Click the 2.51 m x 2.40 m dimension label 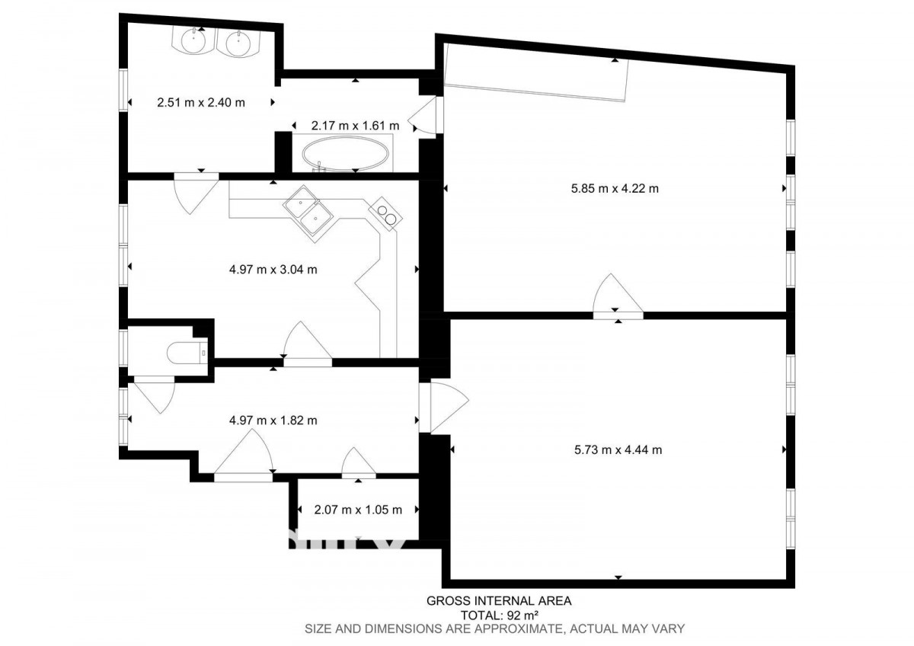point(201,102)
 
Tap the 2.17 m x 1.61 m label point(355,125)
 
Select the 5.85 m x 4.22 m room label point(615,188)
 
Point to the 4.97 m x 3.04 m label point(273,270)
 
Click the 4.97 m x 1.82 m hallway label point(273,420)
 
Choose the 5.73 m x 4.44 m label point(618,449)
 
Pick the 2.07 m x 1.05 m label point(358,510)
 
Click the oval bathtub point(345,154)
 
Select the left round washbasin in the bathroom point(193,40)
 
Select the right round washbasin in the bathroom point(238,42)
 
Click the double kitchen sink point(308,214)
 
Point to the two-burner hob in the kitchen point(385,214)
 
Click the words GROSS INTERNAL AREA point(499,601)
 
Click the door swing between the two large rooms point(618,293)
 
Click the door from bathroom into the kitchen point(196,193)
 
